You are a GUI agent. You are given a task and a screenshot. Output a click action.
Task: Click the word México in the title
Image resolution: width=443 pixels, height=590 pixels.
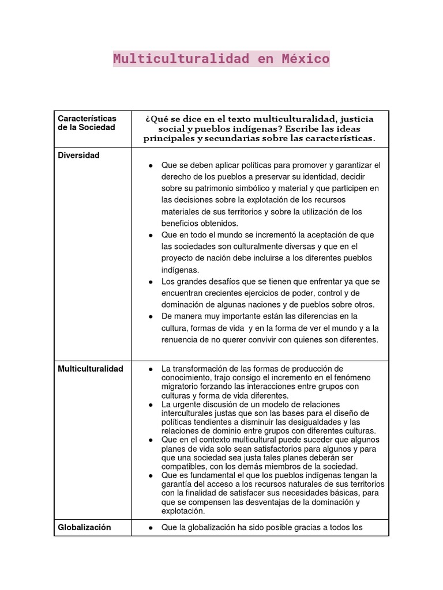[x=305, y=59]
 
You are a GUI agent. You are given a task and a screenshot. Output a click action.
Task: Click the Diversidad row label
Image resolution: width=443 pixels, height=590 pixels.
[x=78, y=156]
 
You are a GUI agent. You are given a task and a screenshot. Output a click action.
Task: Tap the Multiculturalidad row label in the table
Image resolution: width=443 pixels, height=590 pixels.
[x=91, y=369]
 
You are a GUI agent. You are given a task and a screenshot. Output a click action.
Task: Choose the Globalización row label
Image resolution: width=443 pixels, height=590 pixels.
[x=84, y=527]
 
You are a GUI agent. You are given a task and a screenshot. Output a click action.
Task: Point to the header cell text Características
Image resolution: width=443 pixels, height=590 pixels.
[x=87, y=118]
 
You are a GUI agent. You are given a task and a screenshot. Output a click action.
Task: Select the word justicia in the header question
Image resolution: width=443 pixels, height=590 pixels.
[x=359, y=119]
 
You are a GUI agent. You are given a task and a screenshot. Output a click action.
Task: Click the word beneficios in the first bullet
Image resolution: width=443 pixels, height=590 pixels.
[x=183, y=224]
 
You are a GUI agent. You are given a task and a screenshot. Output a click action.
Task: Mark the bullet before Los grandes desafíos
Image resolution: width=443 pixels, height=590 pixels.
[x=151, y=282]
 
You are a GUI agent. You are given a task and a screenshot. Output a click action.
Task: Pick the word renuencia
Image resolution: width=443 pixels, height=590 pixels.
[x=181, y=340]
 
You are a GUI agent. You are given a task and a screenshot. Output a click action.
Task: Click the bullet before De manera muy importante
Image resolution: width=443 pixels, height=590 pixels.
[x=151, y=316]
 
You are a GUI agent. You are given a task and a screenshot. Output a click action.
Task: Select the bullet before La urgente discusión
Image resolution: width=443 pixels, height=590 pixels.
[x=151, y=404]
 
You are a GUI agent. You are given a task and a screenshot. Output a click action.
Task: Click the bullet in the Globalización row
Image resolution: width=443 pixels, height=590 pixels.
[x=151, y=527]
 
